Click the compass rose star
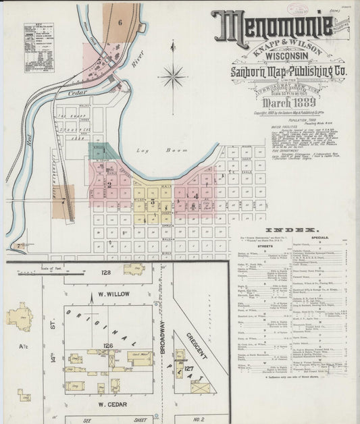click(173, 76)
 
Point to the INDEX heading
click(290, 230)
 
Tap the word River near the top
click(139, 63)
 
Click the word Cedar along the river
click(79, 93)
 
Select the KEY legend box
click(38, 47)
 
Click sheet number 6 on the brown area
click(120, 22)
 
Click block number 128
click(105, 272)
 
